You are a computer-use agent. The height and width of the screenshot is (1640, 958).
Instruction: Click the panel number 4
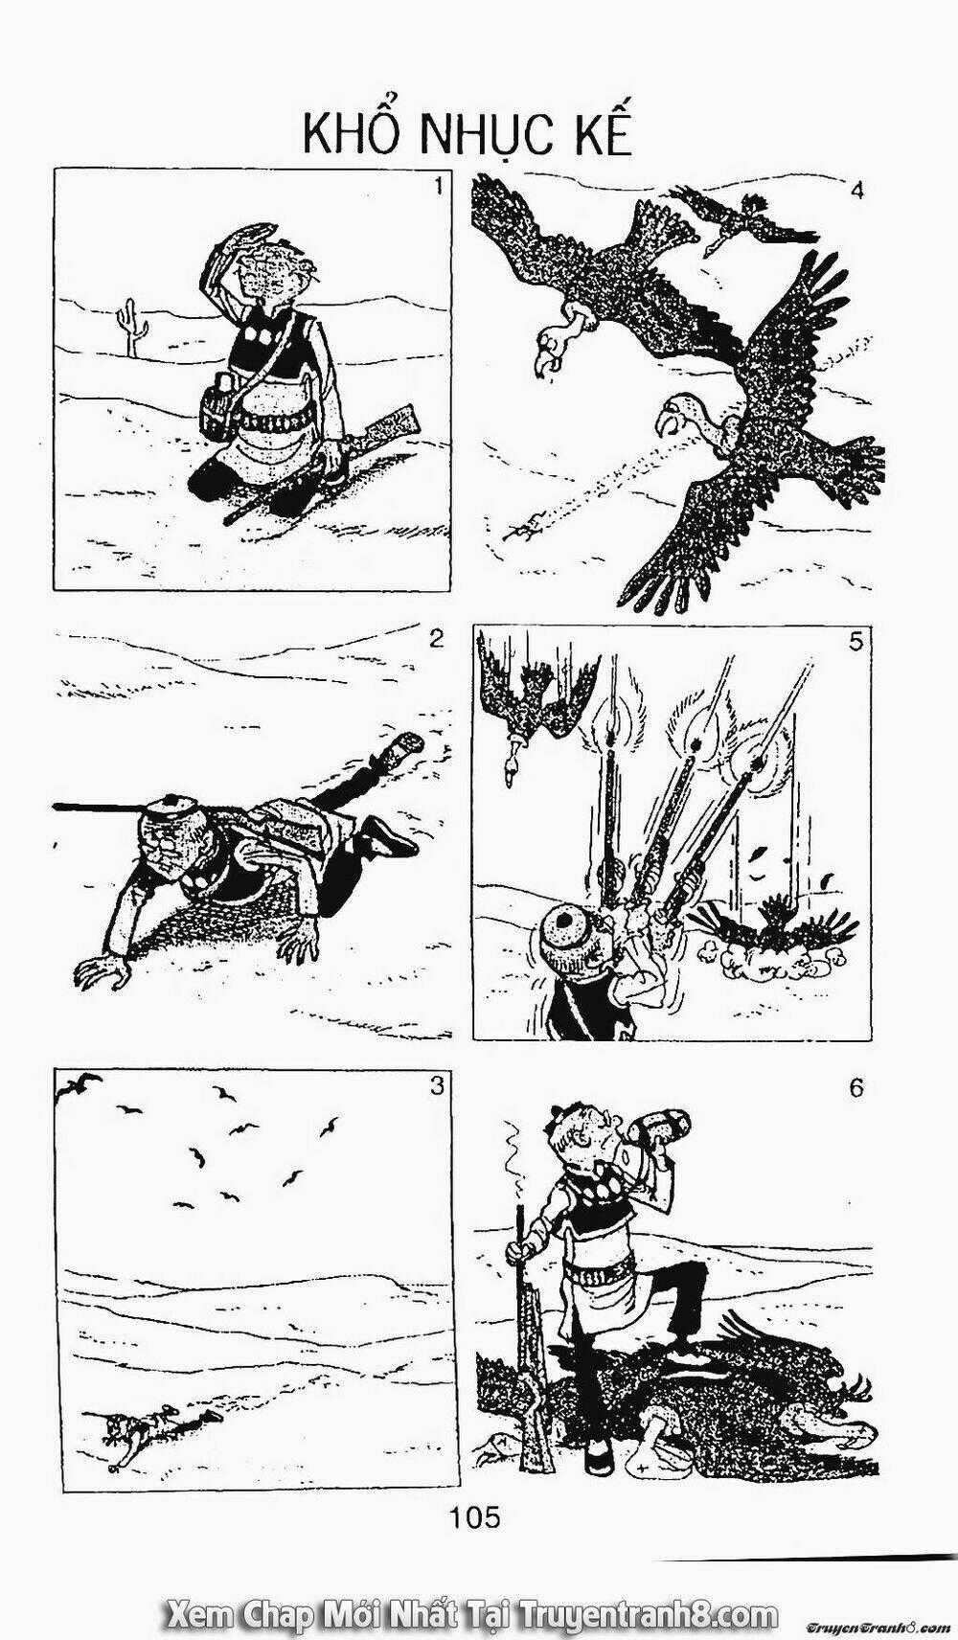pos(856,190)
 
